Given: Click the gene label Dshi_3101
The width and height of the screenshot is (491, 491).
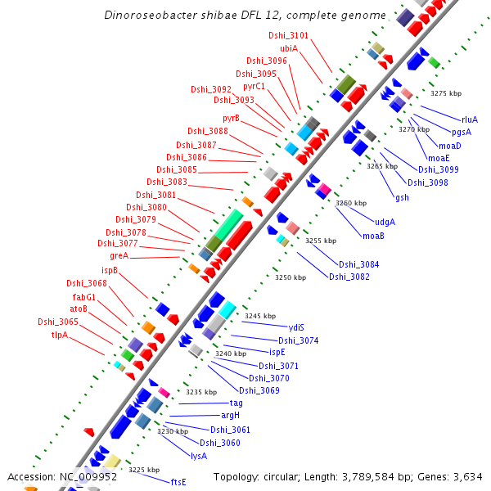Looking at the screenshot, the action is point(288,36).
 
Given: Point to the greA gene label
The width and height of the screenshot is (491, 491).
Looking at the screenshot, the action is point(119,256).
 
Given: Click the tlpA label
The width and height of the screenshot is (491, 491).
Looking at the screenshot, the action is point(60,335).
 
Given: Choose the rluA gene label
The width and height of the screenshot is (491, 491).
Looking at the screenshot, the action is point(470,119).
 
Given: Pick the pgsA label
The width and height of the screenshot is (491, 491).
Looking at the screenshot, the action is point(462,133).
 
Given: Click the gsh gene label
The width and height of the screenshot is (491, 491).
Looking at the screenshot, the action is point(402,198).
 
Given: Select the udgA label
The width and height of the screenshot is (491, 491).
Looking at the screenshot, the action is point(385,222).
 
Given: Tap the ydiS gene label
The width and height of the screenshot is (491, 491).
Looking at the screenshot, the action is point(296,327).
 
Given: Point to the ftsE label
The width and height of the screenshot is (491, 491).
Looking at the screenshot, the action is point(178,481).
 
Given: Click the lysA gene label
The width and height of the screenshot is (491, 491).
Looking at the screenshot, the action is point(199,455).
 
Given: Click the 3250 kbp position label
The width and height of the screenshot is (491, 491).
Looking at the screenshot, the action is point(290,278).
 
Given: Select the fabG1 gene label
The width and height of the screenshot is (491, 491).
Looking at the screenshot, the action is point(84,296).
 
